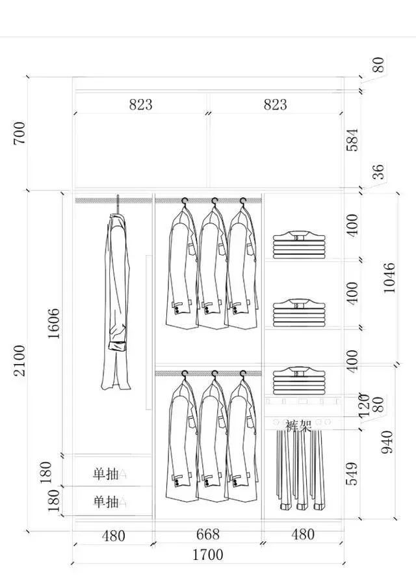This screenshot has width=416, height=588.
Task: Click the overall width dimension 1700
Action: click(207, 555)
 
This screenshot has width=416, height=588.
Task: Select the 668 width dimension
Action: click(207, 535)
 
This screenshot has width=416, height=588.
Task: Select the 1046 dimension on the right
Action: click(389, 278)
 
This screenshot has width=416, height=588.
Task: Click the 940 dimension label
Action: click(387, 441)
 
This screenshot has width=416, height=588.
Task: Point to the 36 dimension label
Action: click(378, 172)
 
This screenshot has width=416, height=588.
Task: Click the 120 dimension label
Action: click(364, 404)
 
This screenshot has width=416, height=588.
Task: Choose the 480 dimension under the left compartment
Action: click(114, 536)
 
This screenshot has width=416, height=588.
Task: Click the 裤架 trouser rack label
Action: click(298, 426)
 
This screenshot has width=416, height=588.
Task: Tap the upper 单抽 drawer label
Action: click(106, 474)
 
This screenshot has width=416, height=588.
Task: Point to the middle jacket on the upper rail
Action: click(211, 267)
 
